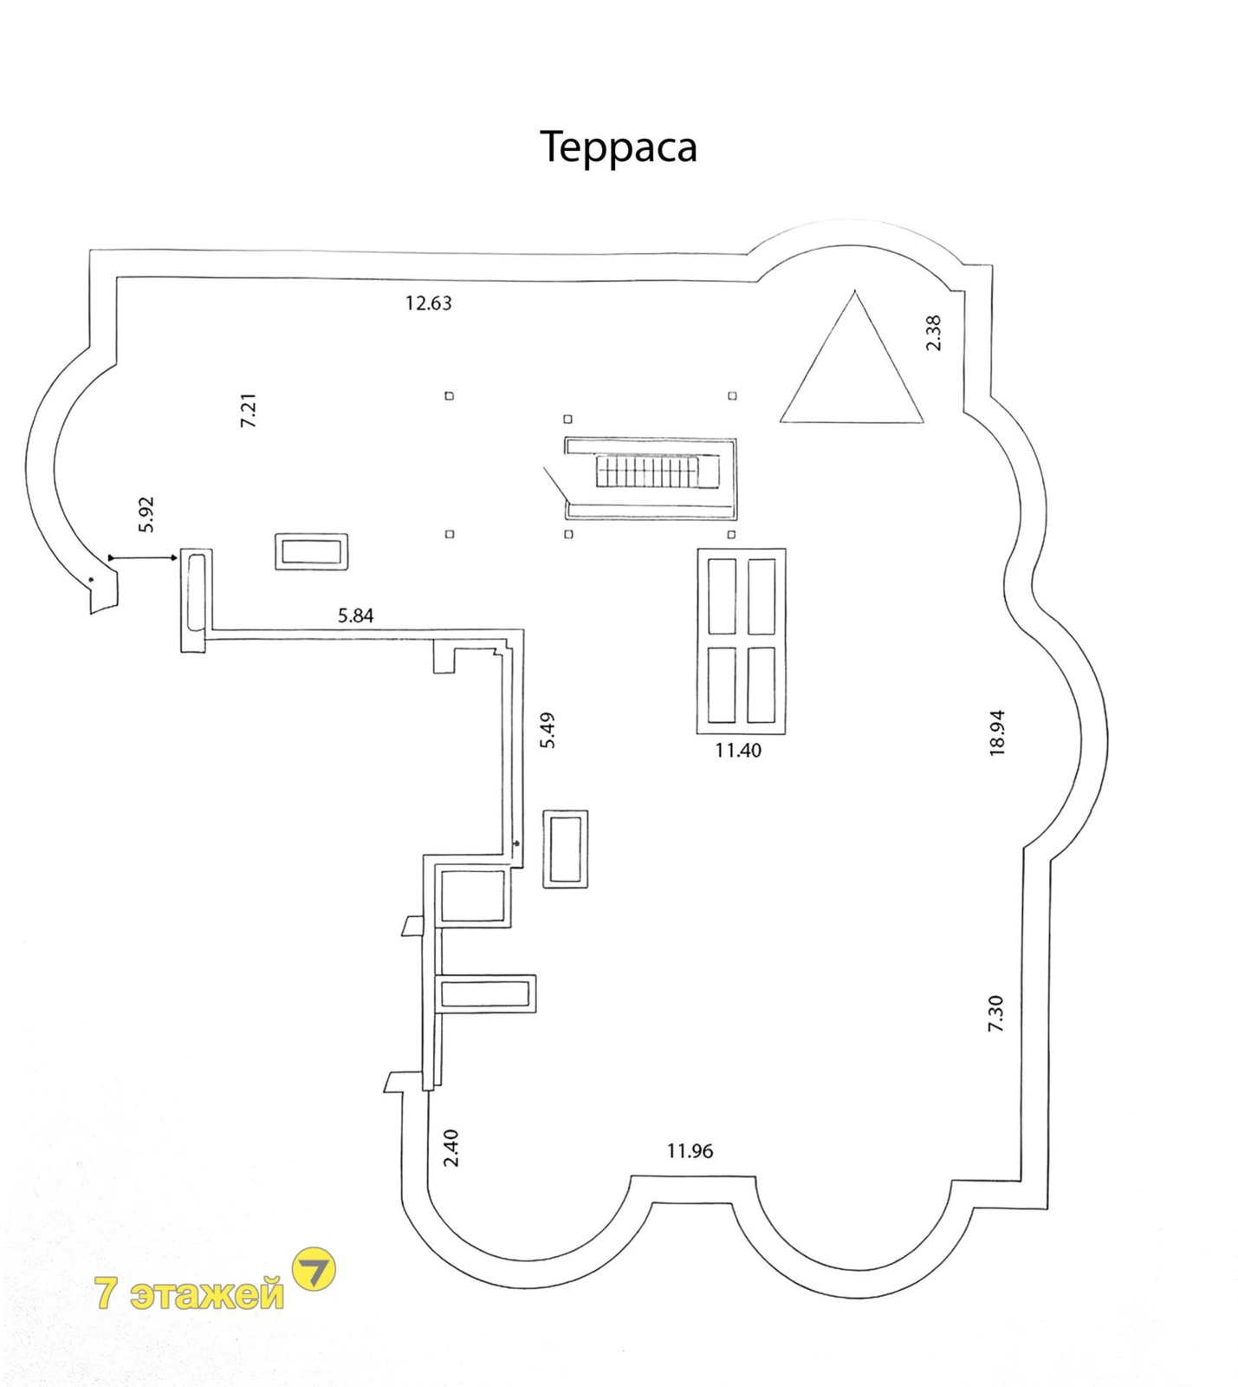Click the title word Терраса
619,147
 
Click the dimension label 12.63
429,303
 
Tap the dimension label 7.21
249,410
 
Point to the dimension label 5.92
146,514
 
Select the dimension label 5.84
356,615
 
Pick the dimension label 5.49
548,730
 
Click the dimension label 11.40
738,751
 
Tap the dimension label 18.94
997,733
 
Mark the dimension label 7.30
995,1013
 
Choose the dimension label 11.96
690,1151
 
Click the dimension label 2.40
451,1148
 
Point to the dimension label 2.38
933,333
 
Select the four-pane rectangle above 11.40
742,641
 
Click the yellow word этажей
207,1294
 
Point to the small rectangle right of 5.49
566,849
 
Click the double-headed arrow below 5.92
144,557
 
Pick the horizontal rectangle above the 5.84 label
312,551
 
